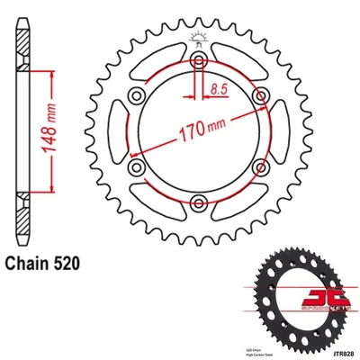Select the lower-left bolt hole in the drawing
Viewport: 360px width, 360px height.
point(135,166)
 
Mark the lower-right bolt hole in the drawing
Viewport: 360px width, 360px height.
point(255,166)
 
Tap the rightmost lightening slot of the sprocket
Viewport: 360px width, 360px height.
point(274,131)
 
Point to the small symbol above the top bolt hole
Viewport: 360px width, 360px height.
point(194,39)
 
